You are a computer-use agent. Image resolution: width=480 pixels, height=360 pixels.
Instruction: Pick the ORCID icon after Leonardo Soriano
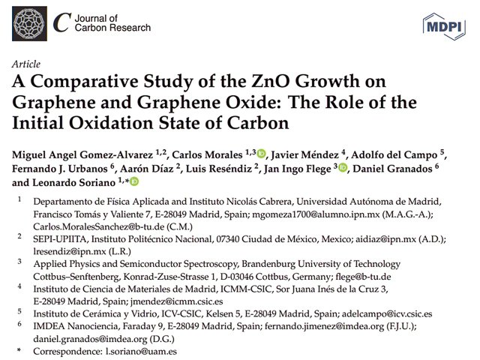click(x=134, y=182)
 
